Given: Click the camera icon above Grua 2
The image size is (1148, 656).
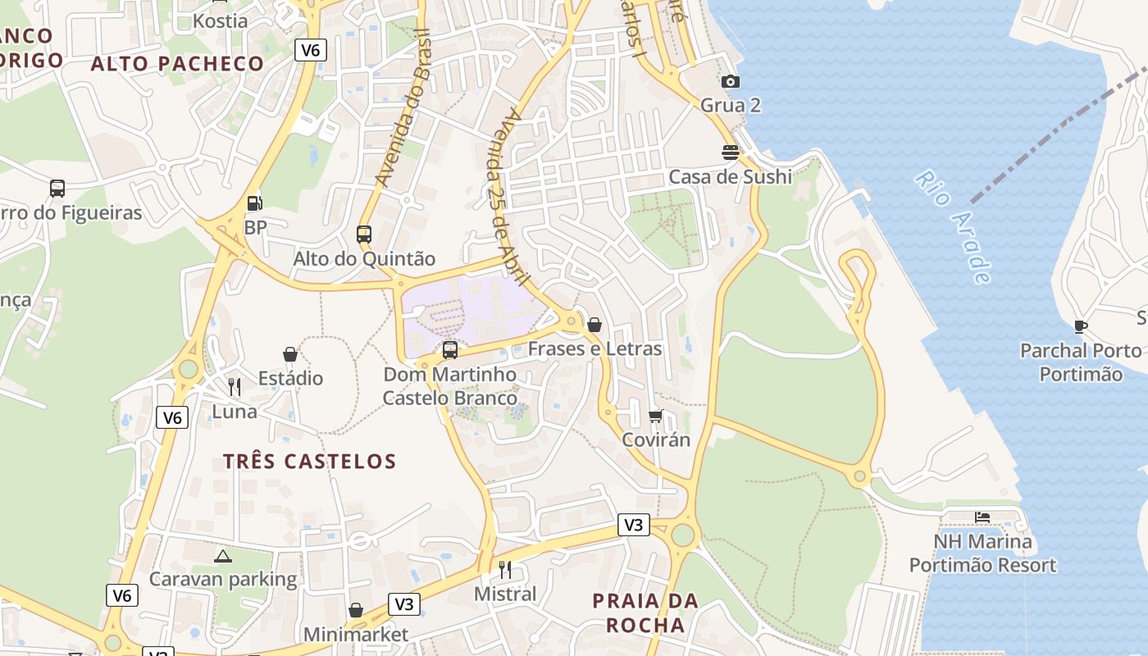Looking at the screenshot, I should point(730,81).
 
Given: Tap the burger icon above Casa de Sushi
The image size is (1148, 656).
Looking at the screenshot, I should point(730,153).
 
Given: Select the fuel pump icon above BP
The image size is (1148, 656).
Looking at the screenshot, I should point(255,203).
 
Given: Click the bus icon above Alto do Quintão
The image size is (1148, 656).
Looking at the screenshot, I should point(364,235).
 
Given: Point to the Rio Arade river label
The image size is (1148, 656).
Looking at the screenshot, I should point(954,226).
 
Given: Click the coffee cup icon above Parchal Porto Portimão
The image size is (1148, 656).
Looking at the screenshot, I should point(1081,326).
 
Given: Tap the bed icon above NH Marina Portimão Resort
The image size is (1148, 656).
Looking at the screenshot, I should point(982,517).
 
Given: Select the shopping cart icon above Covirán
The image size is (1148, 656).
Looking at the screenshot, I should point(655,416).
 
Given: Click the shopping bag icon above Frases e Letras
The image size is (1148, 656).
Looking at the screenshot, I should point(594,325).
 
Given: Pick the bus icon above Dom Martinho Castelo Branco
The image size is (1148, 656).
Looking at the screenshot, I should point(449,350).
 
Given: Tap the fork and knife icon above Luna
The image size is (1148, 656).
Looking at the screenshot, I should point(235,386).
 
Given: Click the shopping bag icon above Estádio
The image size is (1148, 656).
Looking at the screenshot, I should point(290,354).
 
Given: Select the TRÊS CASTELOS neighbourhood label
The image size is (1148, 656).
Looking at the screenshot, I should point(309,462).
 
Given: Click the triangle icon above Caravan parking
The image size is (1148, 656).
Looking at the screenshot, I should point(222,556).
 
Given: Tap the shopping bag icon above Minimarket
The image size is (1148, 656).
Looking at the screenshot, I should point(356,610).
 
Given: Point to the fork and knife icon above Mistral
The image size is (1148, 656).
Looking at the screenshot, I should point(505,569).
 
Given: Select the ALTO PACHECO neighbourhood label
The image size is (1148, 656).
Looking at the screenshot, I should point(177,64).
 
